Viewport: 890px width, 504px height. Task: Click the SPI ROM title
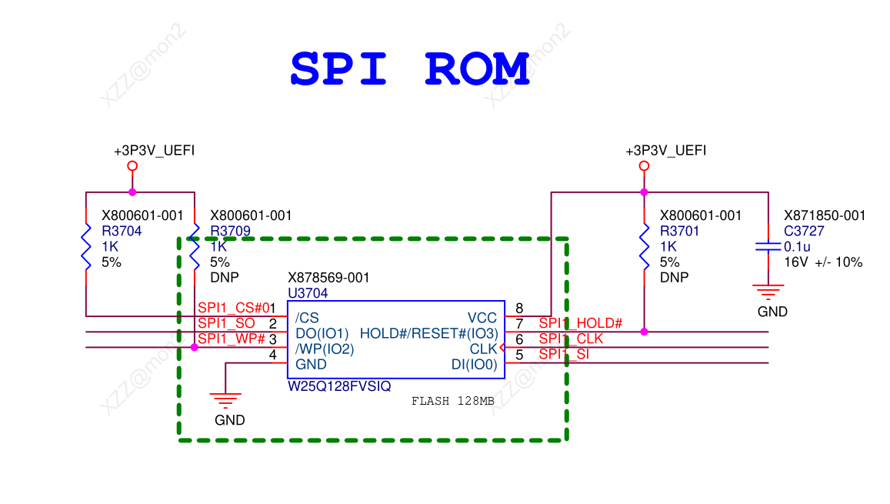[410, 69]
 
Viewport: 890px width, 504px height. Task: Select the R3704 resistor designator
[122, 231]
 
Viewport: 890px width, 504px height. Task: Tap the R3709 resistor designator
[230, 231]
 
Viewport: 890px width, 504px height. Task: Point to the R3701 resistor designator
[680, 231]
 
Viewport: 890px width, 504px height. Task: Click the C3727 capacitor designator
[803, 231]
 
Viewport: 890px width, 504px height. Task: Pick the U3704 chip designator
[308, 293]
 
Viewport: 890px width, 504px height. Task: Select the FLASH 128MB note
[452, 401]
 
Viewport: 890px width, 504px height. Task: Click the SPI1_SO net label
[226, 323]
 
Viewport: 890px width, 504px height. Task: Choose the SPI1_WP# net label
[231, 339]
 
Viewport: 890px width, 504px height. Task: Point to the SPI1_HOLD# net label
[580, 323]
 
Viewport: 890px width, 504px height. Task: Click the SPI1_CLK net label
[571, 339]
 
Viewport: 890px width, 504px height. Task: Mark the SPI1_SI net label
[563, 354]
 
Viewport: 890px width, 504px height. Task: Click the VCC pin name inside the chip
[482, 318]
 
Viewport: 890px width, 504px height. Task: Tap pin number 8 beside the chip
[519, 309]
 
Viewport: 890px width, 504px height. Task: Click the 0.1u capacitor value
[797, 246]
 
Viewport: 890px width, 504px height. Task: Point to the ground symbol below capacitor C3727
[768, 291]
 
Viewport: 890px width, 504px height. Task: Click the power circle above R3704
[132, 165]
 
